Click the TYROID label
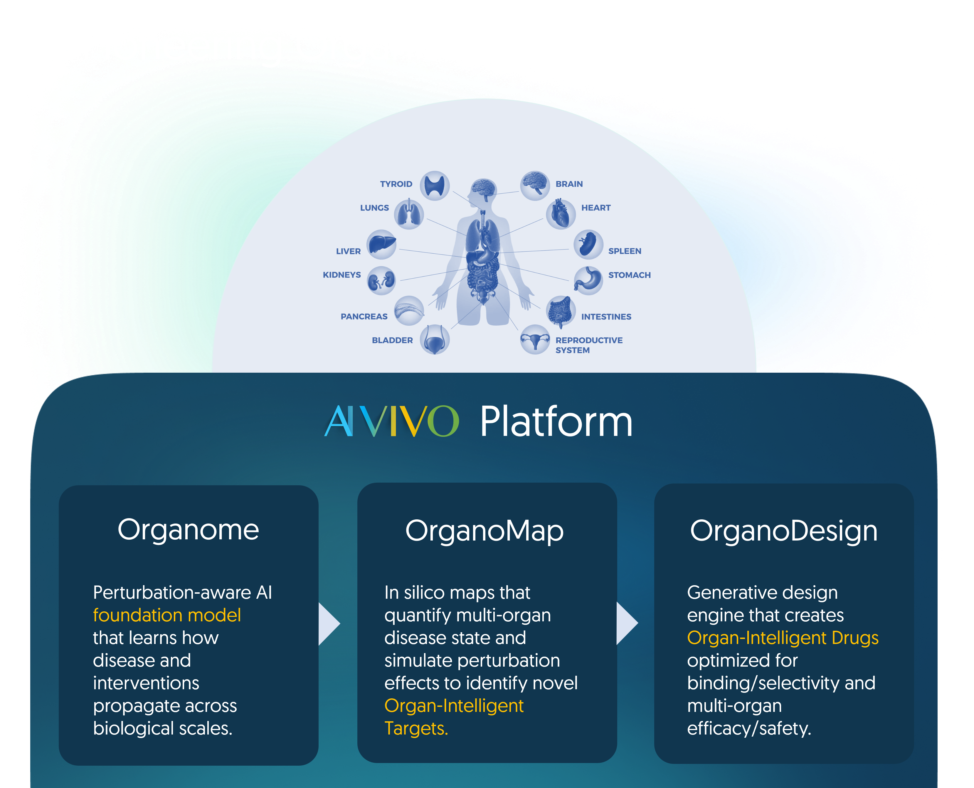pos(396,184)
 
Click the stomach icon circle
pos(588,280)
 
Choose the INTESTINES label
pos(606,317)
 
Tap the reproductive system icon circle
pos(535,339)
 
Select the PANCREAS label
pos(364,316)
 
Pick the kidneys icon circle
pos(381,280)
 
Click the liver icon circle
pos(381,244)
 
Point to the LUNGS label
pos(375,208)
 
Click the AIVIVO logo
pos(392,421)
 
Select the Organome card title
pos(188,530)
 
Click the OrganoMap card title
pos(484,531)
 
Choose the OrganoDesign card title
pos(783,531)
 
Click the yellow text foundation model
pos(167,615)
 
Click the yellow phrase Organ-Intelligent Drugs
pos(783,638)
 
